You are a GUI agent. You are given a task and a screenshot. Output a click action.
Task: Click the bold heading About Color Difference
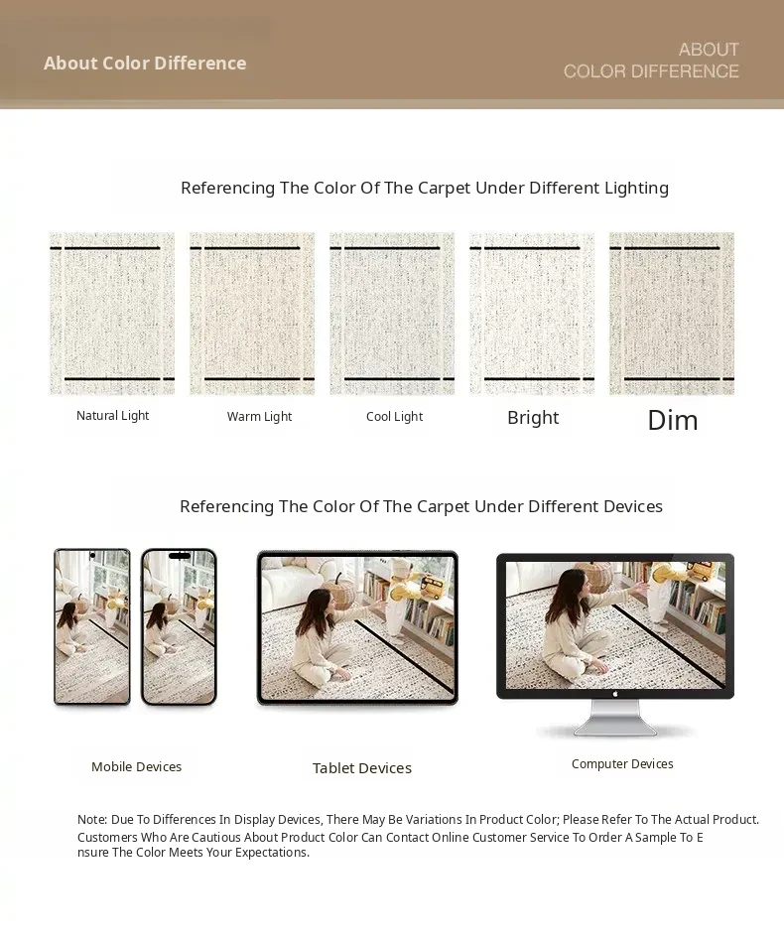(x=145, y=64)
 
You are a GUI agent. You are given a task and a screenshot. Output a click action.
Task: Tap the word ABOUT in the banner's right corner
(x=709, y=50)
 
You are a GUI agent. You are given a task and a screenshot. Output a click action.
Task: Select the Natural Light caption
(x=112, y=416)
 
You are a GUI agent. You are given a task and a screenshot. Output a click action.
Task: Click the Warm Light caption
(x=259, y=416)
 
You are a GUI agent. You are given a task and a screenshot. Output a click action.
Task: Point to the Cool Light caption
(x=394, y=416)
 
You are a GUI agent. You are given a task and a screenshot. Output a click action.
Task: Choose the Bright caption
(x=533, y=418)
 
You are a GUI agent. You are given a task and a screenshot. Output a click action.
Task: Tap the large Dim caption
(x=673, y=420)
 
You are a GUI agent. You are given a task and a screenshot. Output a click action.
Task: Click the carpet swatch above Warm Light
(x=252, y=314)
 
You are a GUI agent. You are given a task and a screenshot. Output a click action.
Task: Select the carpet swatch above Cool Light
(x=392, y=314)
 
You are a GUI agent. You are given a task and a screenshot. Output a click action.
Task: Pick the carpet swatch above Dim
(x=672, y=314)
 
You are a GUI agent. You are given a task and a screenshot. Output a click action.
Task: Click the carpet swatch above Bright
(x=532, y=314)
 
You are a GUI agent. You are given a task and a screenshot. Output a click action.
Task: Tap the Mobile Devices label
(x=137, y=766)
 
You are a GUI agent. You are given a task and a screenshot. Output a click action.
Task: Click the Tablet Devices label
(x=362, y=768)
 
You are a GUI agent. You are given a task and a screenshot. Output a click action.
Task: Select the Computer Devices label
(x=622, y=763)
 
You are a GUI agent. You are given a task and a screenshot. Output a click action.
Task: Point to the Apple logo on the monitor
(x=615, y=694)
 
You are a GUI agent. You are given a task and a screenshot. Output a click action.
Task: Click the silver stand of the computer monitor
(x=615, y=718)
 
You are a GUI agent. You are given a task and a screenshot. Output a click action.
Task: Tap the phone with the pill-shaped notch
(x=180, y=626)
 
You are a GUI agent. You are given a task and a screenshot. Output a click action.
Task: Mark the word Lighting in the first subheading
(x=637, y=189)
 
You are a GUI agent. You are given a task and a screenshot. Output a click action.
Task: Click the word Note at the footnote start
(x=91, y=819)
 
